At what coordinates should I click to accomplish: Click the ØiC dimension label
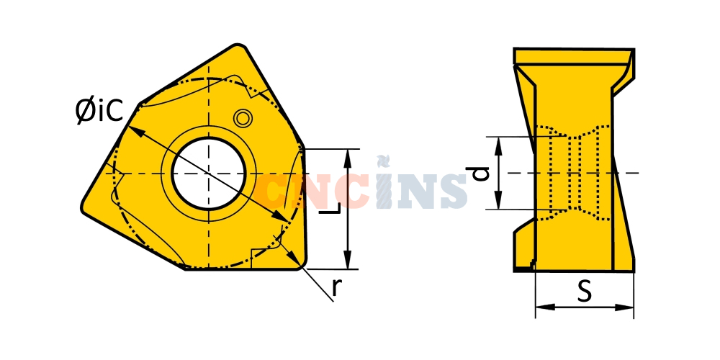[99, 111]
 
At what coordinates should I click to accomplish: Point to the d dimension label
[478, 173]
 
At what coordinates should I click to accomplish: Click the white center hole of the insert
[209, 174]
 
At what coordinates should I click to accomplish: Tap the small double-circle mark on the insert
[243, 118]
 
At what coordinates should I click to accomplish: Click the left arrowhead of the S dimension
[544, 307]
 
